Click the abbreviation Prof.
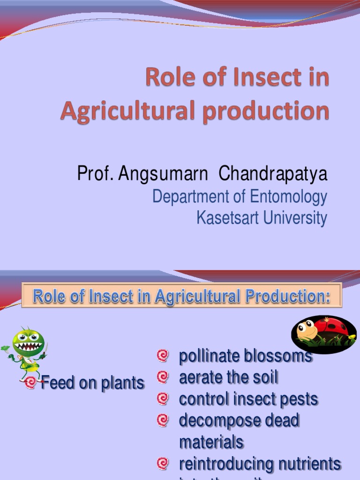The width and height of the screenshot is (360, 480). [95, 174]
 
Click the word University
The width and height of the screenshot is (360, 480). [294, 218]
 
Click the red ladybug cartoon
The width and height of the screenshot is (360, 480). [324, 334]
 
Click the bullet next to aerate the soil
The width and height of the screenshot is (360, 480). [163, 377]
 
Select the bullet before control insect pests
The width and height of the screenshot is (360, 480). [163, 399]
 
